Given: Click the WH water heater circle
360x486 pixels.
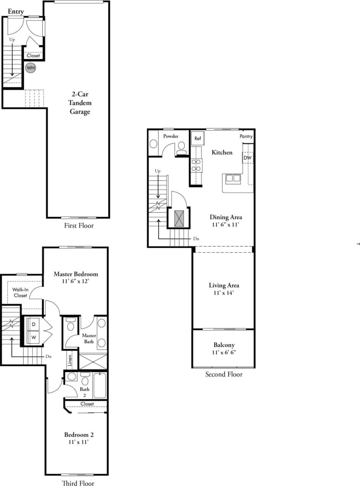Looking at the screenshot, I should (x=31, y=68).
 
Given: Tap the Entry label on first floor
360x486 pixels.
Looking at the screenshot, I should (x=16, y=11).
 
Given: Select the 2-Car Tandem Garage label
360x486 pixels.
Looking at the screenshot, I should (x=79, y=103).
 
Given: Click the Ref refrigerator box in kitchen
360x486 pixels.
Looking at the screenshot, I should (x=198, y=139).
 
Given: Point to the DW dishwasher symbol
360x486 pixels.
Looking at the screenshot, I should (x=247, y=158).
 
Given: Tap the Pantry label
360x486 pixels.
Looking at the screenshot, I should (x=246, y=136).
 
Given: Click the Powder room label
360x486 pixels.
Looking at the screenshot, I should (x=171, y=136).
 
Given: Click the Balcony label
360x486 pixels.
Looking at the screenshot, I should (x=224, y=345).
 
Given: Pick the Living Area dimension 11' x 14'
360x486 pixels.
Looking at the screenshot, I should (x=223, y=293).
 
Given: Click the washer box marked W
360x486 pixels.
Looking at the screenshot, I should (x=34, y=337).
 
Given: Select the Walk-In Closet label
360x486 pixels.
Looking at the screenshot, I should (x=20, y=292).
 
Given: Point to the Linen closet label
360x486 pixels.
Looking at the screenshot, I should (x=70, y=360).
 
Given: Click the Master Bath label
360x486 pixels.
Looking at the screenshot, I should (x=89, y=338).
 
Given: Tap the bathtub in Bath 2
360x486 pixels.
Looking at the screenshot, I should (x=100, y=385).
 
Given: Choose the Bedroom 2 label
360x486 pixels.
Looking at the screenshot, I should (x=79, y=434).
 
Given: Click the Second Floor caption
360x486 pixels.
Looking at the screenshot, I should (x=224, y=374).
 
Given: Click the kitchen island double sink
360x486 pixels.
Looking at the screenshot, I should (x=233, y=178).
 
